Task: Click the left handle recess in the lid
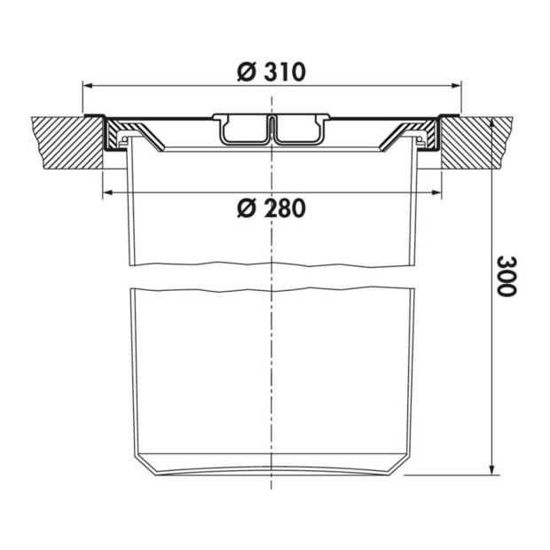pos(242,130)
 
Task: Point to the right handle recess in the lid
pos(298,130)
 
